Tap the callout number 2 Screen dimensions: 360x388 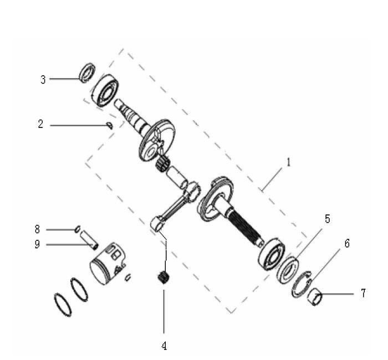(x=40, y=124)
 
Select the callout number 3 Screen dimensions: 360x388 (x=43, y=79)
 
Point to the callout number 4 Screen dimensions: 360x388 (x=164, y=346)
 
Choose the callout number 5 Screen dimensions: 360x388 (x=327, y=219)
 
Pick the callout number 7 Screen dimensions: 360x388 (x=363, y=293)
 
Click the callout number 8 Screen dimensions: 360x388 (x=38, y=228)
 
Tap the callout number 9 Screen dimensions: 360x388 (x=38, y=244)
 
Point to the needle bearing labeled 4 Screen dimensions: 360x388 (x=162, y=276)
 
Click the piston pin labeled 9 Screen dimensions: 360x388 (x=89, y=238)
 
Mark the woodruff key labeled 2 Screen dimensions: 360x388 (x=110, y=126)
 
